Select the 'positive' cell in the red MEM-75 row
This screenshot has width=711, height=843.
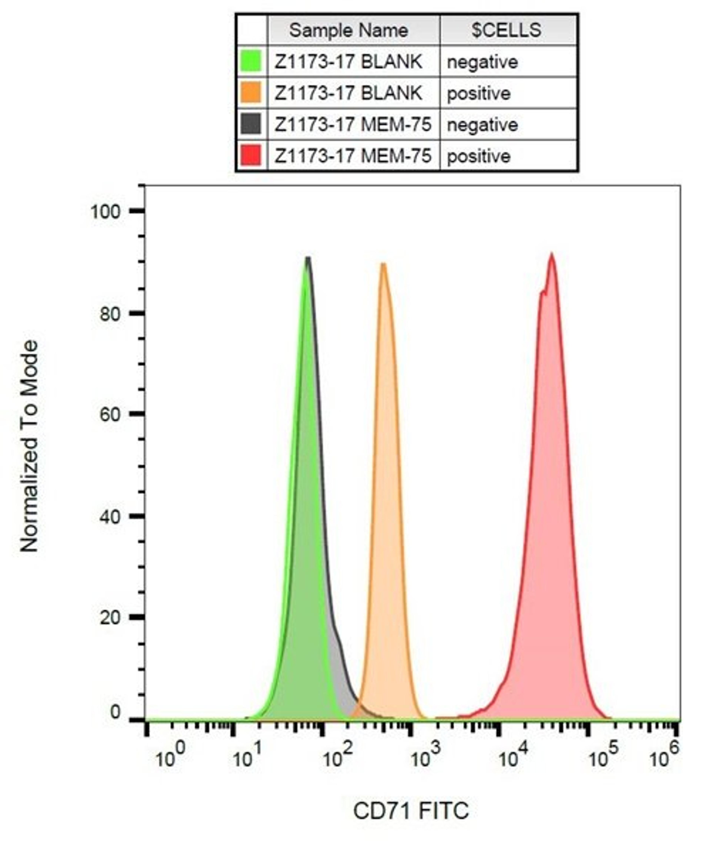[479, 156]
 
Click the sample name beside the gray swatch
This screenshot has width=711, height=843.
[353, 124]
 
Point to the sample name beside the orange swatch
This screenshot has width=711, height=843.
[348, 93]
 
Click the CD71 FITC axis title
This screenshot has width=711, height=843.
[411, 810]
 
